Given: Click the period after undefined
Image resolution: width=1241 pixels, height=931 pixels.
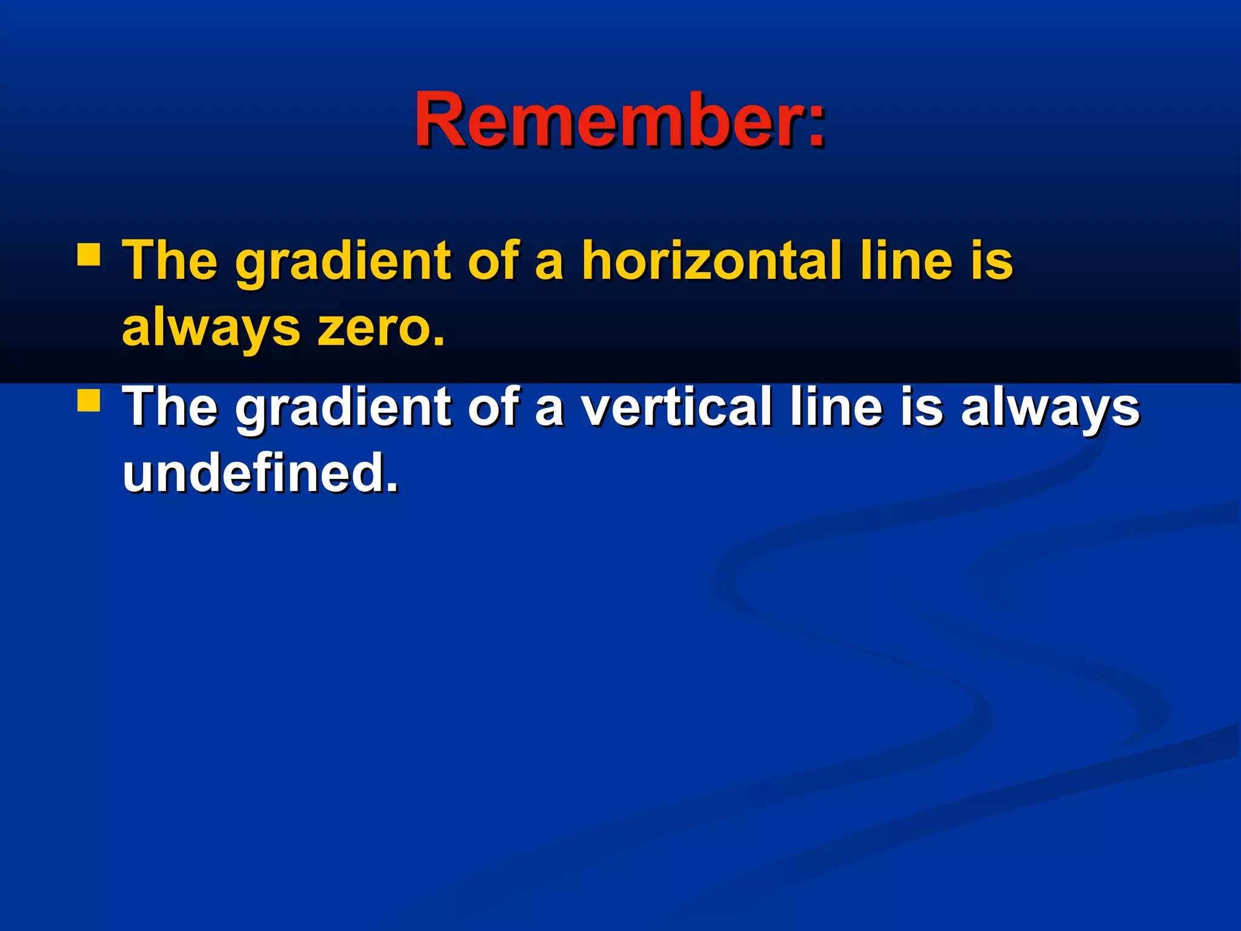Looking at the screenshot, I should click(x=392, y=487).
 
